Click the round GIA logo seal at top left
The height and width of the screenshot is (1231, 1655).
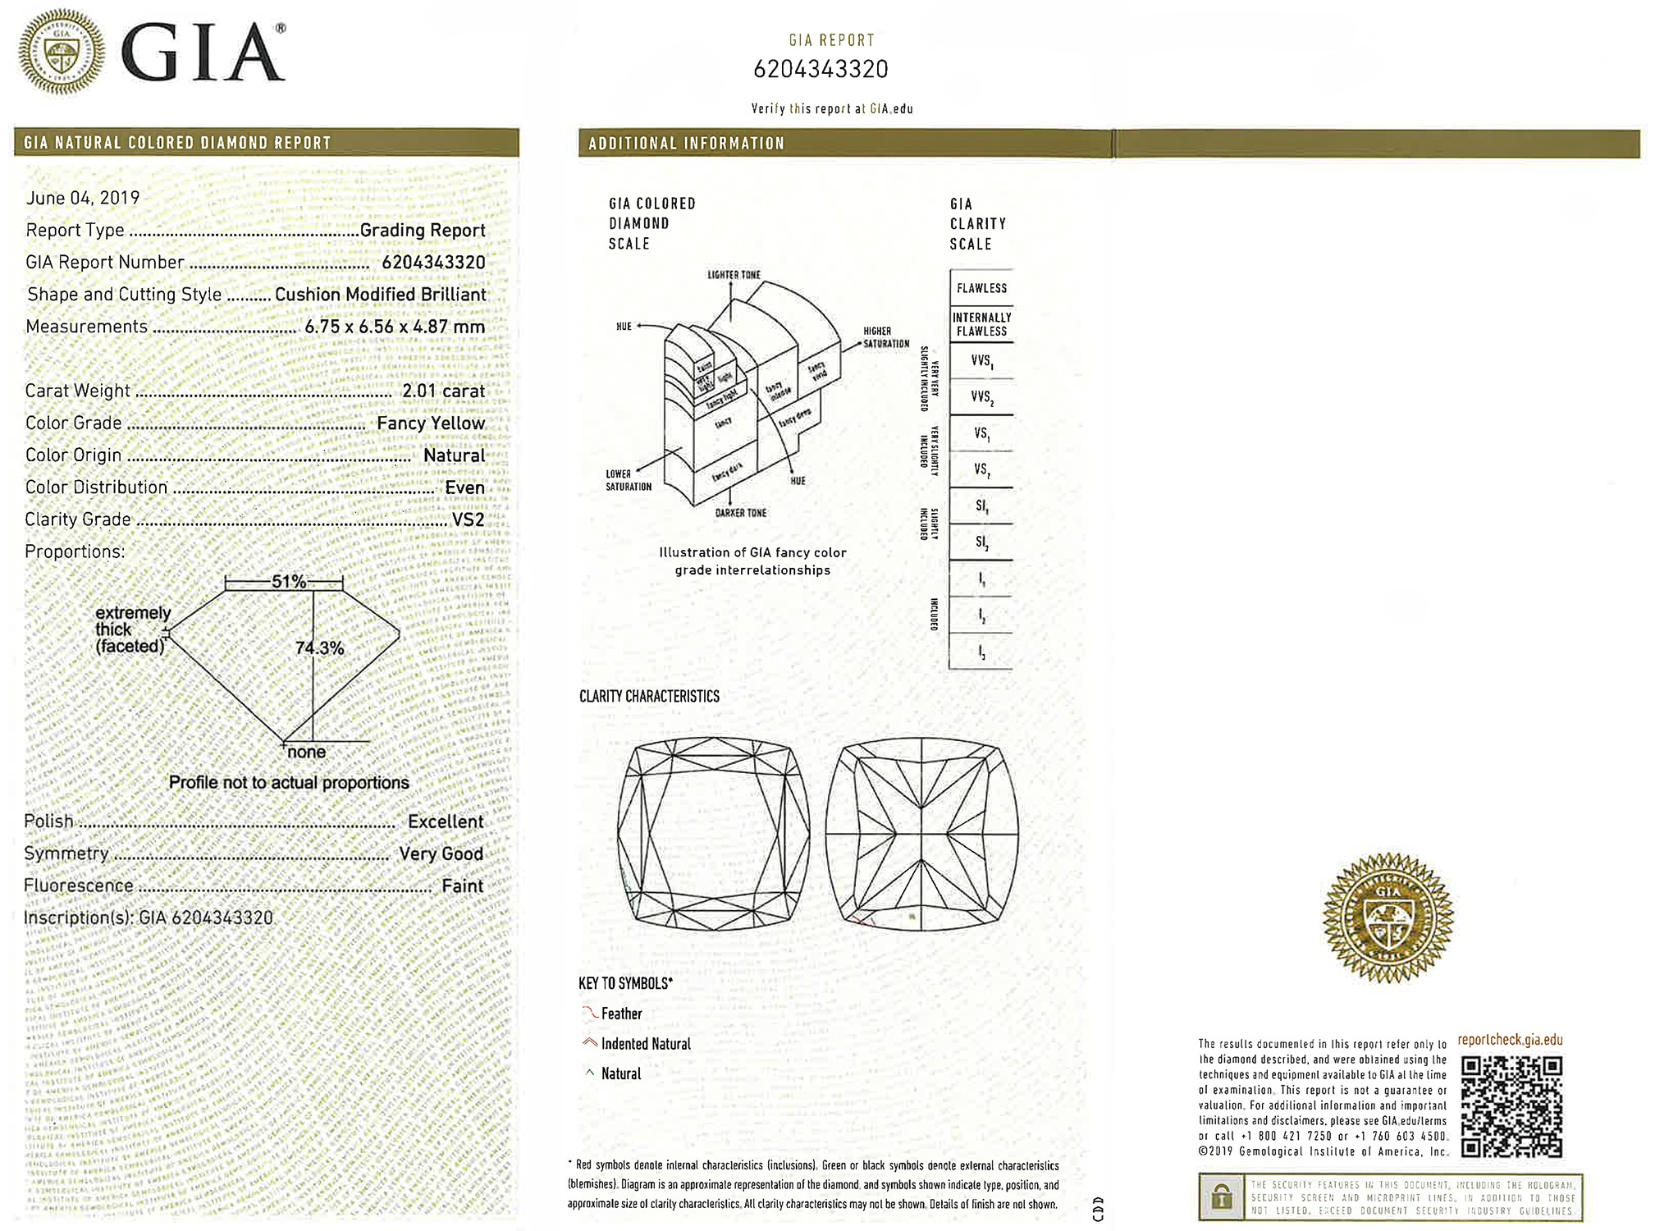click(x=62, y=52)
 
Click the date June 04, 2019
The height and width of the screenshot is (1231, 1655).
click(x=83, y=198)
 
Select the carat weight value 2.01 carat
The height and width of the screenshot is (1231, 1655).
click(x=443, y=391)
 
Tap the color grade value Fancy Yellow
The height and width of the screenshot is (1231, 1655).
click(x=431, y=423)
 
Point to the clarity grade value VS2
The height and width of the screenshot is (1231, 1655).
click(x=468, y=519)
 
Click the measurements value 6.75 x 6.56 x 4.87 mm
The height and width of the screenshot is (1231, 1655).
click(x=395, y=327)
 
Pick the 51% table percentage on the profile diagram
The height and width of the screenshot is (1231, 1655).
click(x=288, y=582)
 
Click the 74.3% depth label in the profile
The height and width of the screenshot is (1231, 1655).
click(x=319, y=648)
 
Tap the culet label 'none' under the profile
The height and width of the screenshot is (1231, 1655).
click(x=306, y=752)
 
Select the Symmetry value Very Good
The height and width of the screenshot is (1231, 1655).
click(x=441, y=853)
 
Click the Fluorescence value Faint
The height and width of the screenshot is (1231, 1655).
click(x=462, y=885)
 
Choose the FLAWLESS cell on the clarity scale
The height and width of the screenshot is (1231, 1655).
click(x=981, y=288)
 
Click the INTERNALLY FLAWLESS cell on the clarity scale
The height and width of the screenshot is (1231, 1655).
click(x=981, y=324)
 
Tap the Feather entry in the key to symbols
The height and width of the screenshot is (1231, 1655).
click(x=621, y=1014)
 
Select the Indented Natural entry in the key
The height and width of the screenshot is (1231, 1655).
click(x=646, y=1044)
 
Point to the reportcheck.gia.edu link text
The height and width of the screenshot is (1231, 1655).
click(x=1510, y=1040)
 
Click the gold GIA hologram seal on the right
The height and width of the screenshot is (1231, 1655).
click(x=1388, y=917)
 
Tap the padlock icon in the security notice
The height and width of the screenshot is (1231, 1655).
click(x=1222, y=1197)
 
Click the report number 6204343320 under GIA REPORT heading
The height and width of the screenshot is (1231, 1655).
click(x=821, y=69)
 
